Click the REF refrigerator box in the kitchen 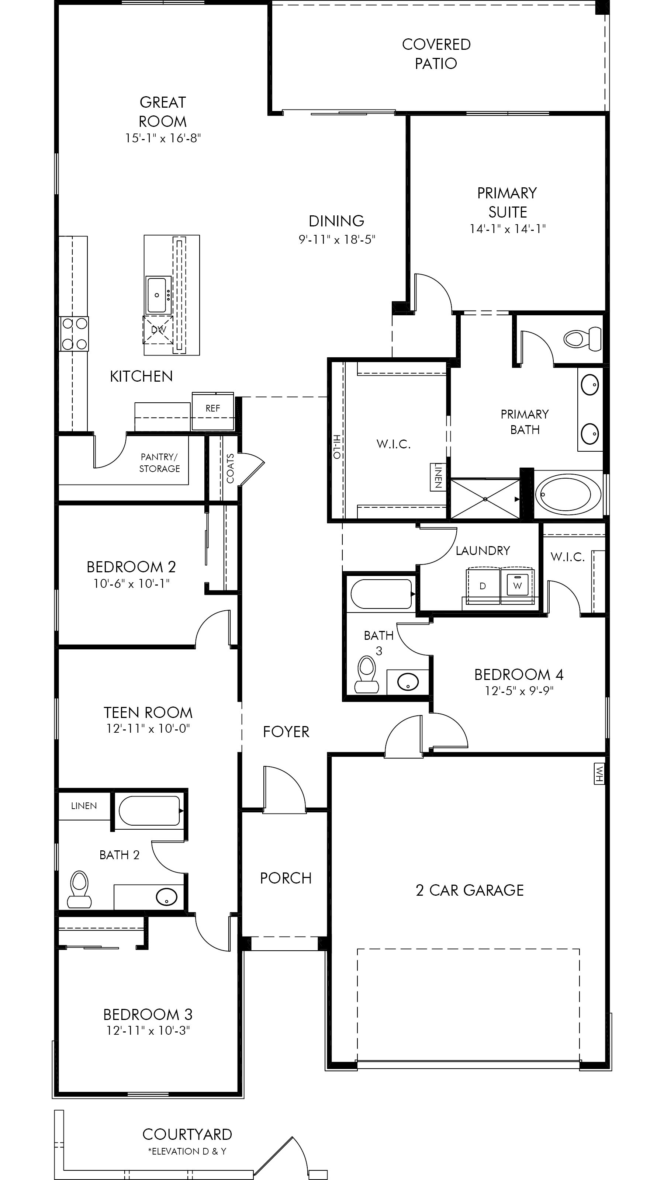point(212,411)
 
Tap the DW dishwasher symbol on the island point(159,329)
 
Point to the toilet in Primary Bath point(582,339)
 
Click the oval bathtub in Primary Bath point(568,494)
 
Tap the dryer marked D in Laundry point(483,586)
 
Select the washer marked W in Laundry point(517,586)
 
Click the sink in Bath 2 point(166,897)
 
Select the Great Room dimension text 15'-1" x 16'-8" point(163,138)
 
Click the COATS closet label point(230,468)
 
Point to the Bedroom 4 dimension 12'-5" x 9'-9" point(519,690)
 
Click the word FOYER point(286,732)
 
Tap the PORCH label point(286,878)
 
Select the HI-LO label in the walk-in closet point(338,447)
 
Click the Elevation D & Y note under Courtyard point(187,1151)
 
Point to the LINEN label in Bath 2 point(84,806)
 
